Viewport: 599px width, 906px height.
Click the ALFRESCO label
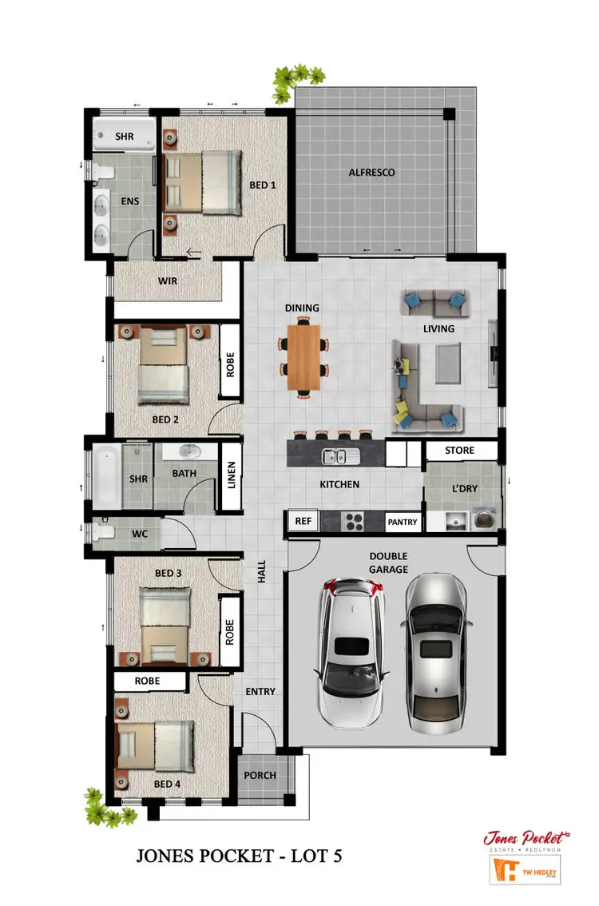tap(371, 173)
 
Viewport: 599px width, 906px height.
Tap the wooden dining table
tap(303, 357)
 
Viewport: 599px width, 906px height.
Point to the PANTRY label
tap(403, 523)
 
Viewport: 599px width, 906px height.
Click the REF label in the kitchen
tap(303, 521)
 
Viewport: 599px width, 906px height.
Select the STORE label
tap(459, 451)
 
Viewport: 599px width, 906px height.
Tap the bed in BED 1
tap(203, 183)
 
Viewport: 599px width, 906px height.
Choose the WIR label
tap(168, 281)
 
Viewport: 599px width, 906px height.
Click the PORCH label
tap(260, 775)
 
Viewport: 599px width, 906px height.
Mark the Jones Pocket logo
tap(526, 839)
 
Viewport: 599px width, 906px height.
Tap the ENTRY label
tap(260, 692)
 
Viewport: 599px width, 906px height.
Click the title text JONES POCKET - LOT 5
tap(240, 857)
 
